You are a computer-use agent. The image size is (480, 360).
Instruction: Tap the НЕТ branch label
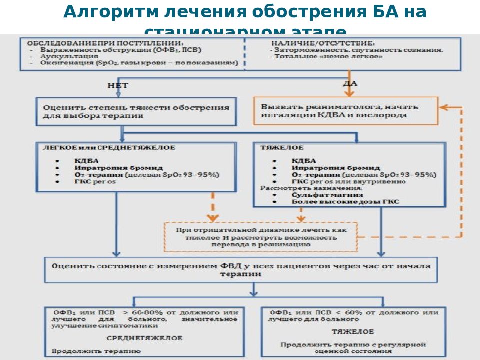(x=118, y=86)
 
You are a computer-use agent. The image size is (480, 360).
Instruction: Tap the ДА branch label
(x=349, y=83)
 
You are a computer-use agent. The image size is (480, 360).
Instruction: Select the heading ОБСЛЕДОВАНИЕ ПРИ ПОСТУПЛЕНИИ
(x=105, y=43)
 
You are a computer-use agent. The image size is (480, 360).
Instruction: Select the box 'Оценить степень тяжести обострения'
(x=136, y=111)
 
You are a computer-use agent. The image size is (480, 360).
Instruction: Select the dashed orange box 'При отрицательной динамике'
(x=261, y=237)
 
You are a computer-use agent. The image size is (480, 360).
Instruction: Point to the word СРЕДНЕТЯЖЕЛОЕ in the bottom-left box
(x=144, y=338)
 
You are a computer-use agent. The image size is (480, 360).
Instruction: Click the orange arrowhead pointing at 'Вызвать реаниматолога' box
(x=443, y=107)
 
